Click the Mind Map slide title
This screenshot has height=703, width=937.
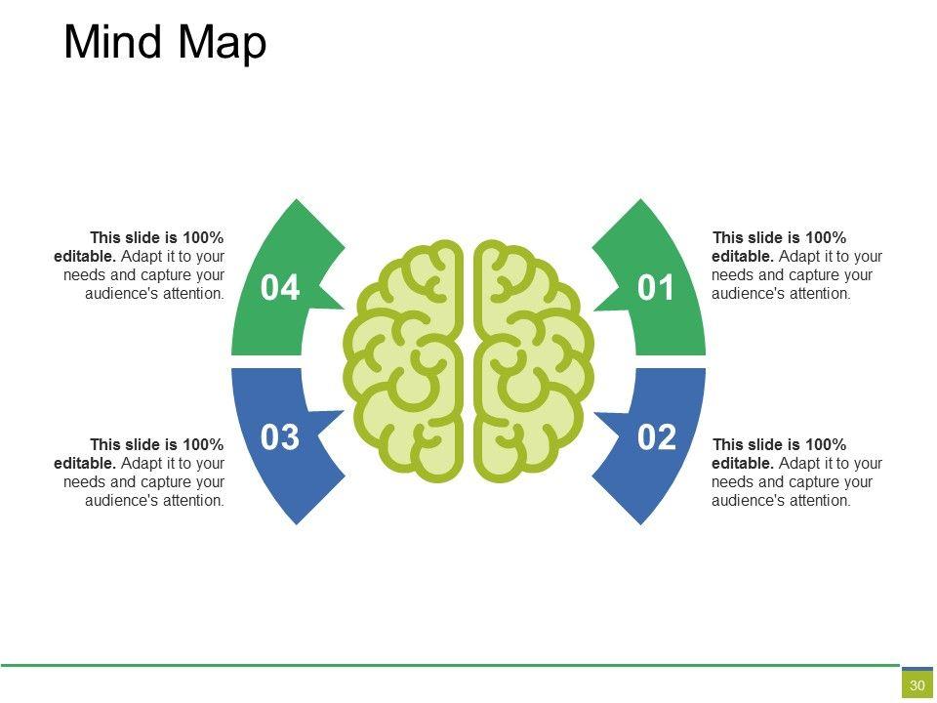[165, 44]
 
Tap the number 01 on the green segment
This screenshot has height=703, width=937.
[656, 288]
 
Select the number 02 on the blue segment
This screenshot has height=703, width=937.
[656, 438]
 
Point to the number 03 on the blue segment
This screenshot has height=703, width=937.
[280, 438]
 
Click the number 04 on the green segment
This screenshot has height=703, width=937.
[280, 288]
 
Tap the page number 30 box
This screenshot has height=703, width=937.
[917, 685]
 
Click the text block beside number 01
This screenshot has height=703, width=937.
[796, 265]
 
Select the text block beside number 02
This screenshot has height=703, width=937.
[796, 473]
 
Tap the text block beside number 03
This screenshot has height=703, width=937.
[140, 473]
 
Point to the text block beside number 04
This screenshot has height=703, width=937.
[140, 265]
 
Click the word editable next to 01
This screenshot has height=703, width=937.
[742, 256]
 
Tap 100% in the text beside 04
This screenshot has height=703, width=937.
[203, 237]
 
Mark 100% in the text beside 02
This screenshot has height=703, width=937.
[826, 445]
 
